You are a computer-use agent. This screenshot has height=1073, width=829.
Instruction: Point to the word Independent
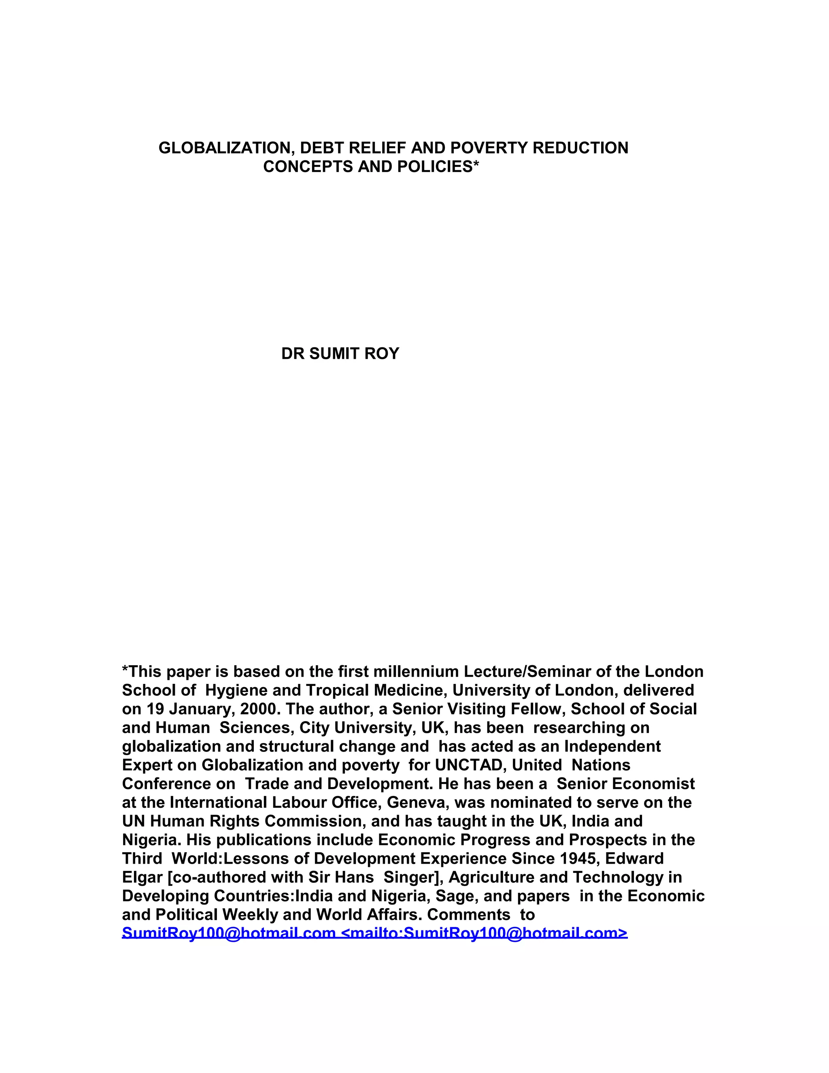click(612, 747)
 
